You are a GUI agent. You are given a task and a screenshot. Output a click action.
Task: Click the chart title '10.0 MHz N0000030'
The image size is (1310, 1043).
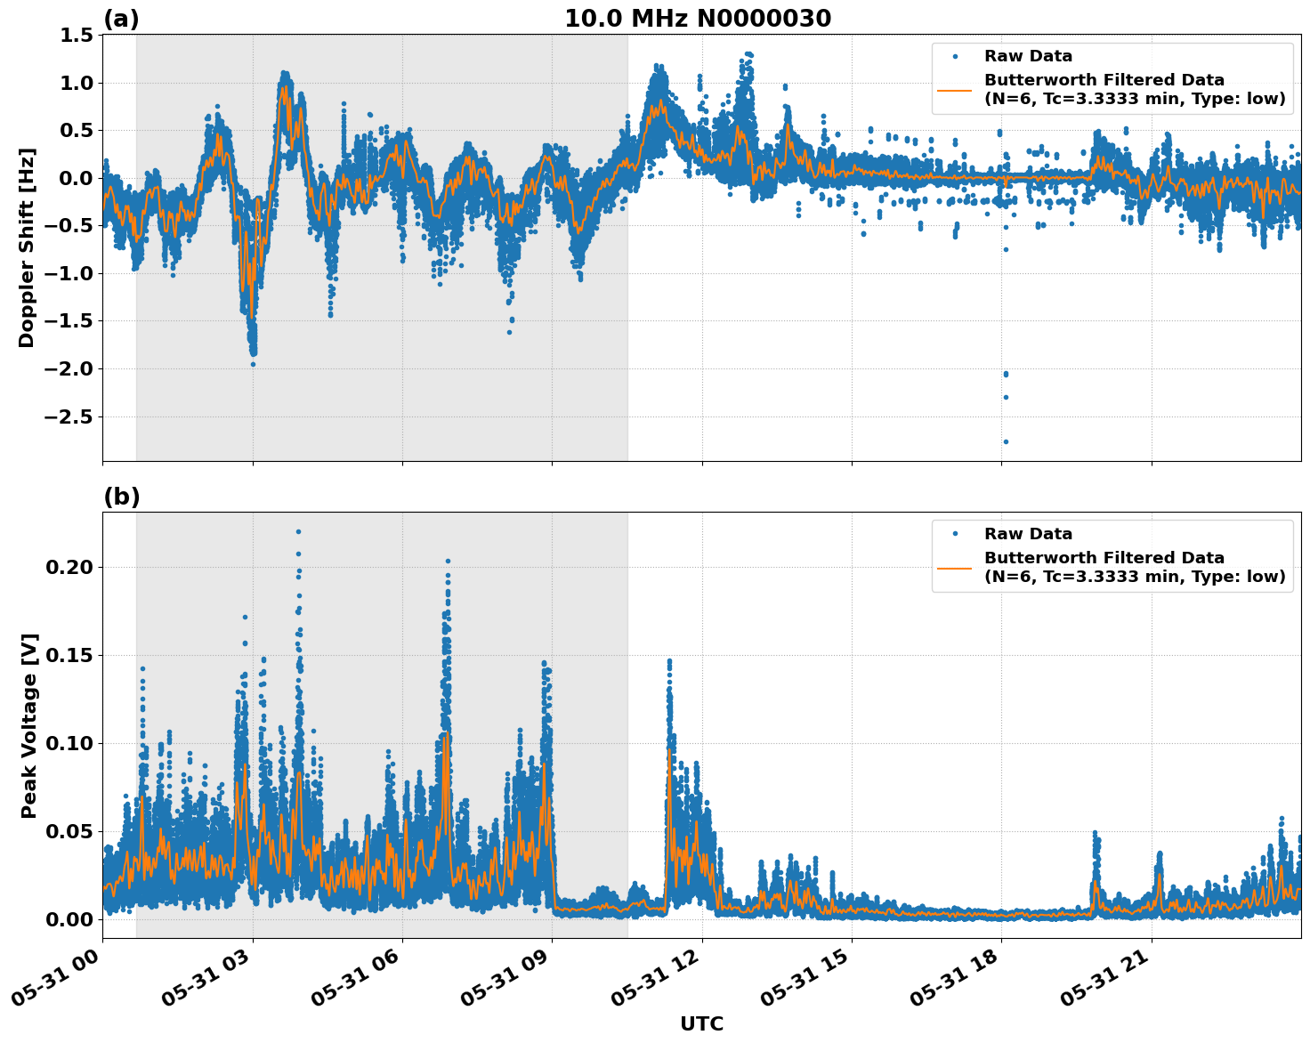(x=698, y=19)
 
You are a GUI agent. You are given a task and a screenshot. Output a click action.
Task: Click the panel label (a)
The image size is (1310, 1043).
(x=121, y=19)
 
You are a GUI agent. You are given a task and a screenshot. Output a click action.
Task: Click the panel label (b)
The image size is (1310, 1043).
(x=121, y=497)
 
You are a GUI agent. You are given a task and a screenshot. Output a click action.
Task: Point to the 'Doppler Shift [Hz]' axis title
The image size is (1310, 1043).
(x=27, y=247)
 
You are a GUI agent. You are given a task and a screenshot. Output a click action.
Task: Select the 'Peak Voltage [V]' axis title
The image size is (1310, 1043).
(x=29, y=725)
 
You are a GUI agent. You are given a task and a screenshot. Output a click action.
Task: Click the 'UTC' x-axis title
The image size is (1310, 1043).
(x=701, y=1023)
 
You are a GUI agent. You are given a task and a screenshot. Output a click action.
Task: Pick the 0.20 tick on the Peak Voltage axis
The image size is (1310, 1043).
(x=71, y=567)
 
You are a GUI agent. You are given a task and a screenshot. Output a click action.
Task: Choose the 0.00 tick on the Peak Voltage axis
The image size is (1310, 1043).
(x=71, y=919)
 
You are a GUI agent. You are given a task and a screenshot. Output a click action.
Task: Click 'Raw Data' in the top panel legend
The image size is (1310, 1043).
(x=1028, y=56)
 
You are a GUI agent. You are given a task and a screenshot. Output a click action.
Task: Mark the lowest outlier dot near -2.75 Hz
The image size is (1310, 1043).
(x=1006, y=441)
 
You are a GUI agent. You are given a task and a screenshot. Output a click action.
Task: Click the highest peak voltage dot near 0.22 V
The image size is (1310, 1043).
(x=298, y=531)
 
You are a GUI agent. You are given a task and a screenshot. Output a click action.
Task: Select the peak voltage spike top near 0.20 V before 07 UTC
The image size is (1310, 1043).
(x=448, y=562)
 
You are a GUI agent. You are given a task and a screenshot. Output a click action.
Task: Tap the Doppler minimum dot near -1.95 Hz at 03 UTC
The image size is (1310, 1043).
(x=253, y=364)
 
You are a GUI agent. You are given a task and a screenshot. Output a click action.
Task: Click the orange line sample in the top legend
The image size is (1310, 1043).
(x=955, y=89)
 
